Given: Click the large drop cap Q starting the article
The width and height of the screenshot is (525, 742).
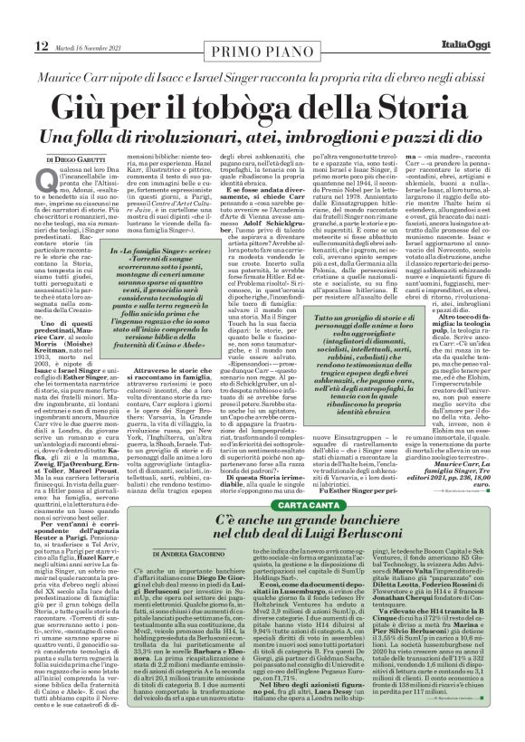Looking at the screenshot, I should (46, 183).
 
